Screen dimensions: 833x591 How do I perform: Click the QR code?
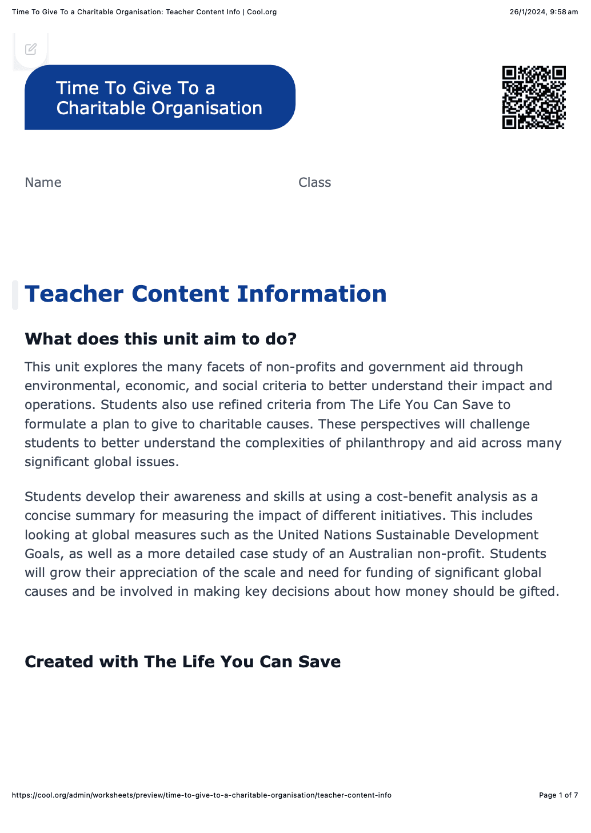[534, 97]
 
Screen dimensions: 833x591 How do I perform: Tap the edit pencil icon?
[31, 49]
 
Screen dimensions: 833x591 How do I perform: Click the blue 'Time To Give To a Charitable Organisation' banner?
[159, 98]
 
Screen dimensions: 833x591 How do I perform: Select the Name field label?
[43, 182]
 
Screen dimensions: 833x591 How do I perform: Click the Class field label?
[314, 182]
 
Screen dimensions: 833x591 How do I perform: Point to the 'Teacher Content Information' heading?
[206, 294]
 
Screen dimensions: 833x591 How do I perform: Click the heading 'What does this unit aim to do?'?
[161, 339]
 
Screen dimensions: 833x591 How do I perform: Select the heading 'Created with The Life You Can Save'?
[182, 662]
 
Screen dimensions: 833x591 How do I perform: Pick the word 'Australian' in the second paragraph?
[381, 554]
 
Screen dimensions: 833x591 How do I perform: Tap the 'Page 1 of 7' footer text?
[558, 795]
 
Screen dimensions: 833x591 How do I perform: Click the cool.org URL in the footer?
[201, 795]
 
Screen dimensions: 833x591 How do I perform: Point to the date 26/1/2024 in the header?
[527, 12]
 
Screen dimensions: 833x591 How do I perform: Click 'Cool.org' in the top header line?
[262, 12]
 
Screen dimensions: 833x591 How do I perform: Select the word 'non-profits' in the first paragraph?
[301, 367]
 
